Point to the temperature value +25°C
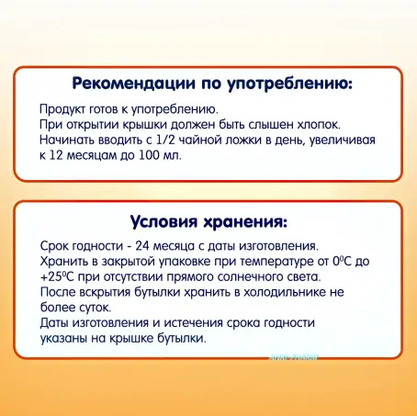(61, 277)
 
